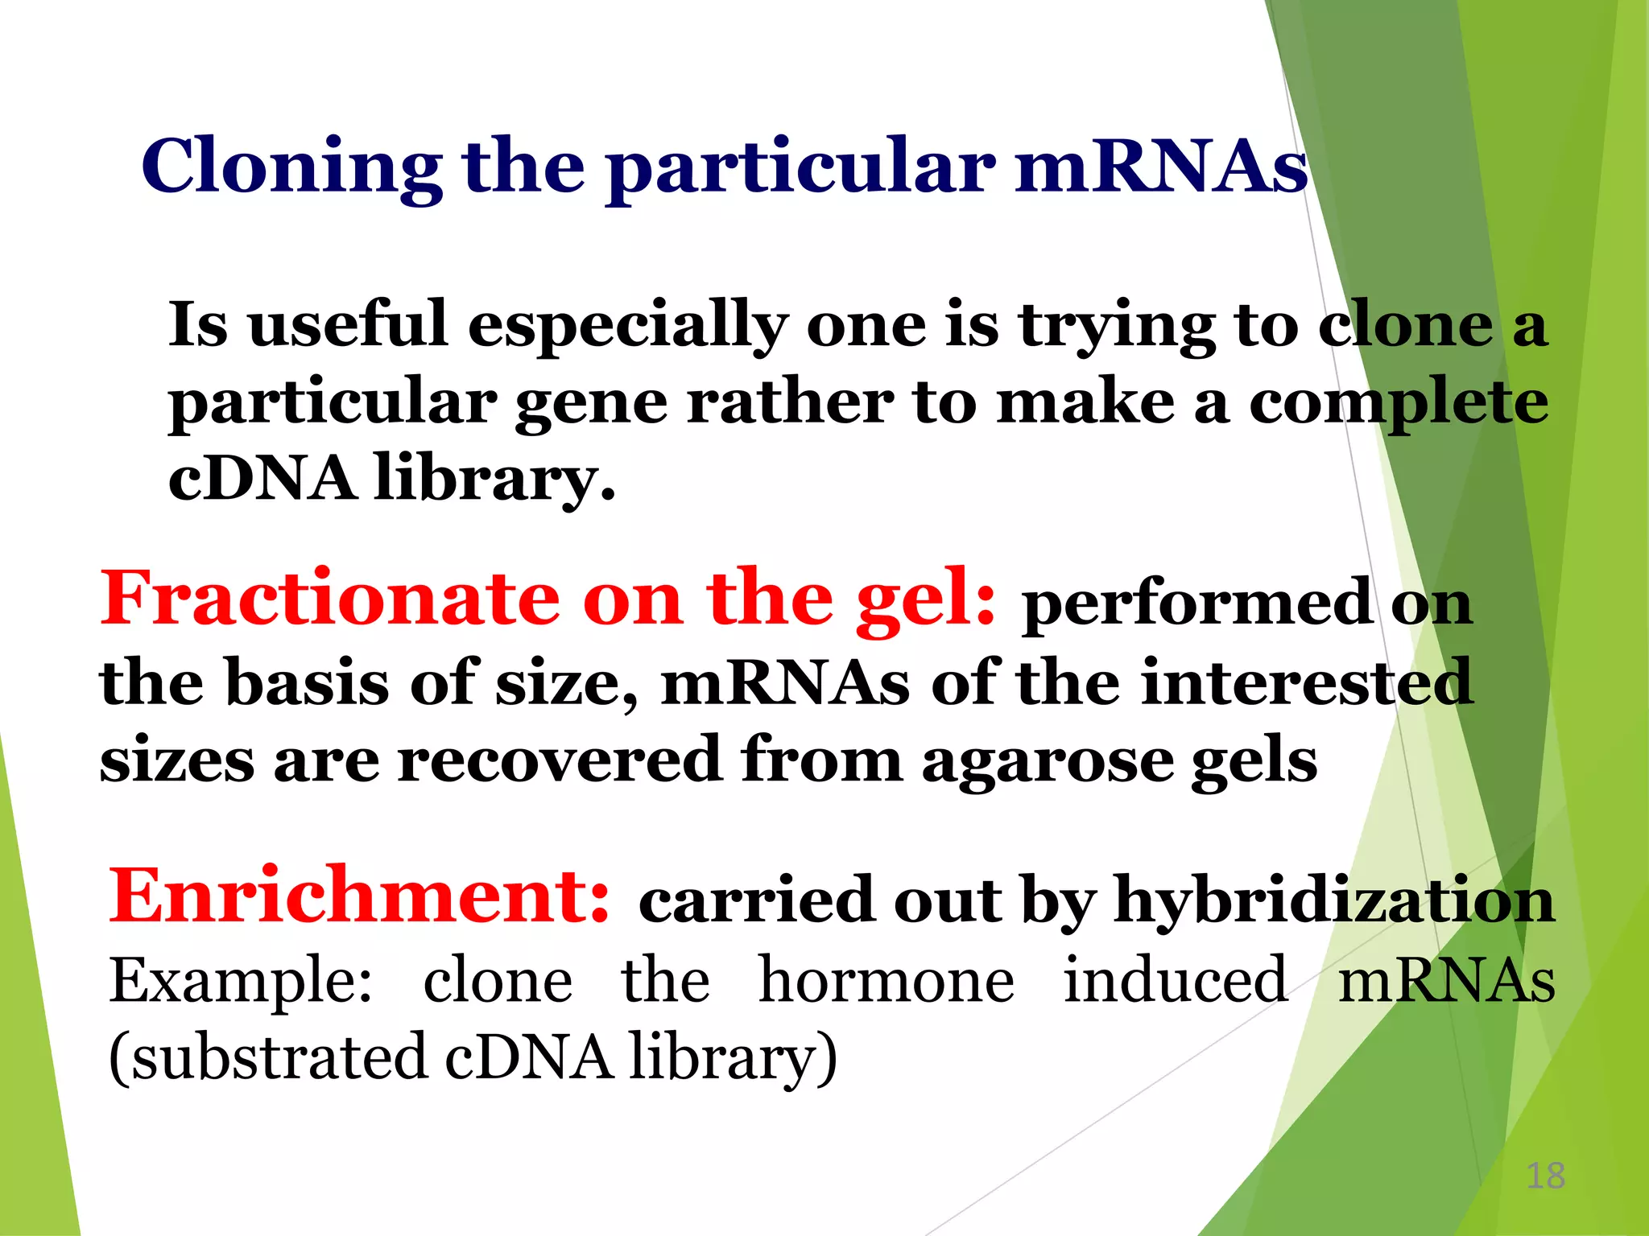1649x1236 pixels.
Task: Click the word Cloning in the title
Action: [x=291, y=167]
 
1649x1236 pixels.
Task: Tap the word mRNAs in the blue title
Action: [x=1160, y=167]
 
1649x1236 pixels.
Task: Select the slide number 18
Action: [x=1545, y=1176]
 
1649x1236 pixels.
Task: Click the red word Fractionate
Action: [x=329, y=599]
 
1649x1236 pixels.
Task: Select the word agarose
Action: [x=1047, y=760]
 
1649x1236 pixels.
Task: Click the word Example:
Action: [x=241, y=982]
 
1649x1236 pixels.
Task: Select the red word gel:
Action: [x=925, y=599]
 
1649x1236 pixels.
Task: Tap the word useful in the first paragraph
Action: [x=348, y=324]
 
